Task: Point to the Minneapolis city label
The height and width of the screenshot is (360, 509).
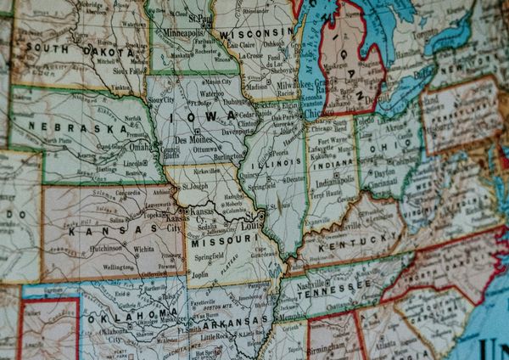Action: coord(184,33)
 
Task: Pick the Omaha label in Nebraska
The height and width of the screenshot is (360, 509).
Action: coord(140,145)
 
